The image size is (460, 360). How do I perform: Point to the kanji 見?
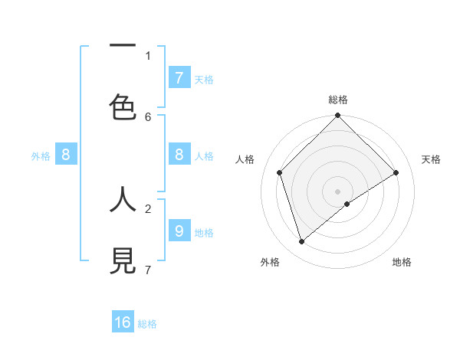click(x=123, y=260)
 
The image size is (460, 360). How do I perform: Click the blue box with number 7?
click(x=179, y=77)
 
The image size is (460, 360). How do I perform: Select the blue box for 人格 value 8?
click(x=179, y=154)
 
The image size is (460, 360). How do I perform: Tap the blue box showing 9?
click(x=179, y=230)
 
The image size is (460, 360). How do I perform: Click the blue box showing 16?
click(x=123, y=322)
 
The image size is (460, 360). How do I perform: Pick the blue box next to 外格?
click(x=66, y=155)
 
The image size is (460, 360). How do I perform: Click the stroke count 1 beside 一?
click(x=148, y=55)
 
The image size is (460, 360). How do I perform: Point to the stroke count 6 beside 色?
click(x=148, y=116)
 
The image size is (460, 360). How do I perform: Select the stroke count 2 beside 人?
click(x=148, y=208)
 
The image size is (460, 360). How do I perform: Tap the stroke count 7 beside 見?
click(x=148, y=270)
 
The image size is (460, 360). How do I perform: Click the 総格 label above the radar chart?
click(x=337, y=100)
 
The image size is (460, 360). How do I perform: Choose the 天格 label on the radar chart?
click(x=431, y=159)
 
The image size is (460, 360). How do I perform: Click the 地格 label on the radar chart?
click(x=402, y=262)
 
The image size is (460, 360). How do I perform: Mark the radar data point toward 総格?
click(x=337, y=116)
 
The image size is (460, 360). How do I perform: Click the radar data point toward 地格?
click(x=347, y=204)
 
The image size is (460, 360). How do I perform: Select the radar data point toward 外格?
click(x=302, y=242)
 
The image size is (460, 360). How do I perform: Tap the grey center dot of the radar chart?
click(x=337, y=191)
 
